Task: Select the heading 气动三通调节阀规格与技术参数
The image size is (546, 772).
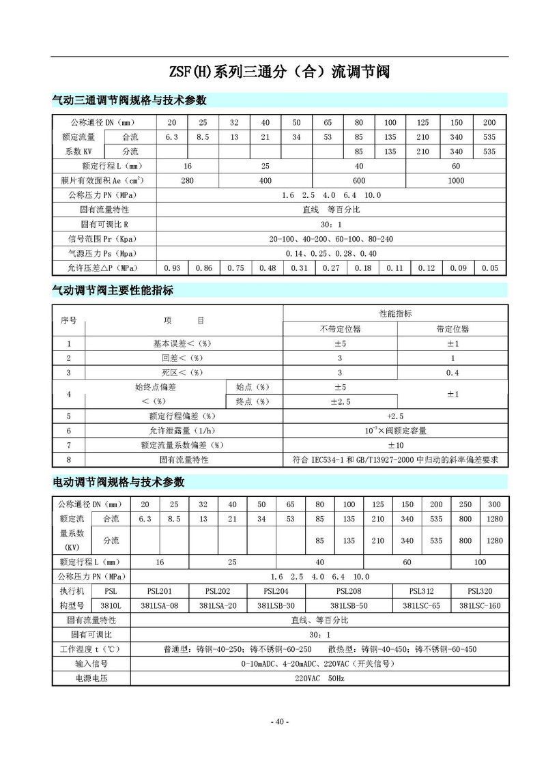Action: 130,100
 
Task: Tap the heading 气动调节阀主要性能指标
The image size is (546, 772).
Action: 113,290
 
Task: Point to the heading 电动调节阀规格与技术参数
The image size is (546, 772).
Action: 119,481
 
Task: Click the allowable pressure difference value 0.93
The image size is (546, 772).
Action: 172,268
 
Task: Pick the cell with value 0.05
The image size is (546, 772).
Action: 489,268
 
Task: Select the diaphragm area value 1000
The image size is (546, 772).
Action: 456,181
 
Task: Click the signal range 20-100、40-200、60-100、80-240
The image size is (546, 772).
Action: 331,239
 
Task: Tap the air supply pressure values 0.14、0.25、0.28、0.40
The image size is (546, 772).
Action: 331,253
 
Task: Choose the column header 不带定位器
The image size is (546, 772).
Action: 340,328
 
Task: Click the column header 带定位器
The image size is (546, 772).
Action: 452,328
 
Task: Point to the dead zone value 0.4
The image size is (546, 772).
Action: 452,372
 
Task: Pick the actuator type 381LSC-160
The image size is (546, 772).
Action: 480,605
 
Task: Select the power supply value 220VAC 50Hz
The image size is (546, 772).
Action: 319,678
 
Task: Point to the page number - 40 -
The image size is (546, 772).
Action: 280,721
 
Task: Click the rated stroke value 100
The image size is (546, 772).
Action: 480,562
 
